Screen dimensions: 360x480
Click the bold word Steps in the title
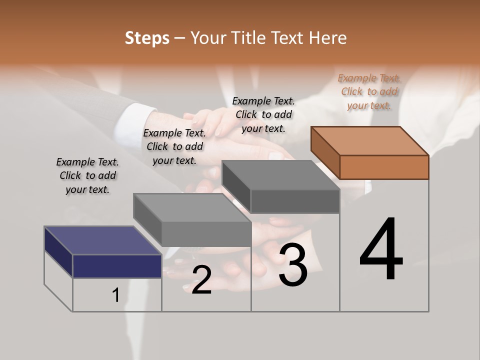[x=147, y=38]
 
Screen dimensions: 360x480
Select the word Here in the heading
[x=328, y=38]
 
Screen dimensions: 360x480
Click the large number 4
[x=381, y=250]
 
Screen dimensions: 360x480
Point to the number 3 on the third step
[x=293, y=265]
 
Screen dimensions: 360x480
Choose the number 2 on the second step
[x=201, y=280]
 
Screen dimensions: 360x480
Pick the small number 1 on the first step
[x=116, y=295]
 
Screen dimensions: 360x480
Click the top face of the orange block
[x=370, y=140]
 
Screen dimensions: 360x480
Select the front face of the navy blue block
[x=117, y=266]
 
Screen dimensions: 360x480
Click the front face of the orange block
[x=384, y=167]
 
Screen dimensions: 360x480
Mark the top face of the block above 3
[x=280, y=175]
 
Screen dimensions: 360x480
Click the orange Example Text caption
[x=369, y=91]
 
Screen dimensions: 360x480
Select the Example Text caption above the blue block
[x=87, y=175]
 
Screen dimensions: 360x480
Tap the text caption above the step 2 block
[x=174, y=146]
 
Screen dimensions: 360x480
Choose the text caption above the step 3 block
[x=263, y=114]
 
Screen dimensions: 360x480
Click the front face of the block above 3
[x=295, y=201]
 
